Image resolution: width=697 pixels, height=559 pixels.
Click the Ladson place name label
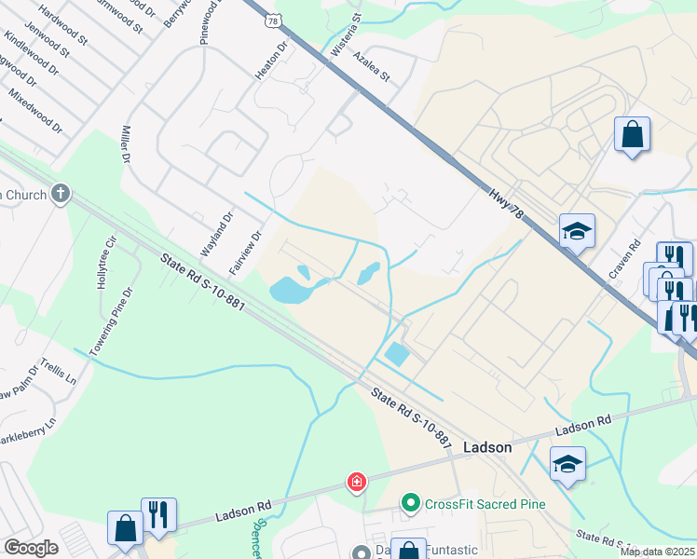point(487,447)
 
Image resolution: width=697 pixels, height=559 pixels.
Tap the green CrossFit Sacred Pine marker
point(410,504)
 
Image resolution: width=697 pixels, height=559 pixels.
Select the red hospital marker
point(356,482)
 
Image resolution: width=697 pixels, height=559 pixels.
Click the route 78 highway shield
point(272,19)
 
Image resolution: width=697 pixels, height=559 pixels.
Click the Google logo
point(31,548)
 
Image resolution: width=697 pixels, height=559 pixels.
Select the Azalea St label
point(371,66)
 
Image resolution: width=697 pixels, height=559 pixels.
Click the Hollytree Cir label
point(105,262)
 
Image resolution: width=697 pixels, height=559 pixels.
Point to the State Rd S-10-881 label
point(201,289)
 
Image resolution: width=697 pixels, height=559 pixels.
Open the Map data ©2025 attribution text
point(657,551)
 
